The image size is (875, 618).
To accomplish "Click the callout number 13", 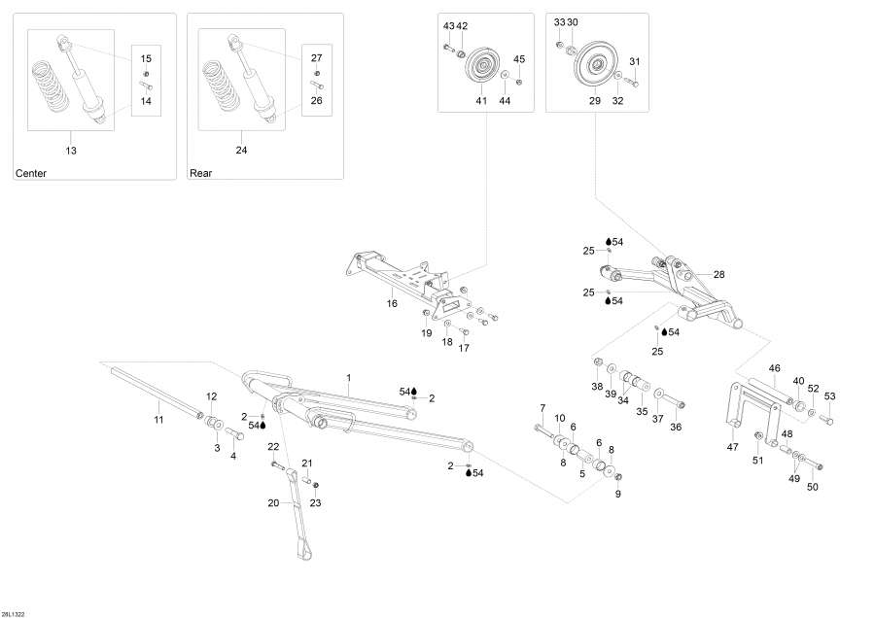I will click(71, 151).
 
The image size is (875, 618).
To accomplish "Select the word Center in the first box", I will click(31, 173).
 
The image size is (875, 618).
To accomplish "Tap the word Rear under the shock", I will click(200, 173).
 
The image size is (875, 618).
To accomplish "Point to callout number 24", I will click(242, 151).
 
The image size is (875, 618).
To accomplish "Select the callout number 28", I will click(718, 274).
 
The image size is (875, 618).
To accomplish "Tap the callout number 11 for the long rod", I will click(158, 419).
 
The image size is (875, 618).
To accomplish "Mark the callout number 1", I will click(348, 376).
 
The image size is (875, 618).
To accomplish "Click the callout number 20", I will click(273, 502).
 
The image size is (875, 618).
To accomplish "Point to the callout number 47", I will click(731, 448).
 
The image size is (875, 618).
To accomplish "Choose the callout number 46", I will click(775, 368).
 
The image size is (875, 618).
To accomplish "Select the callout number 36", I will click(676, 427).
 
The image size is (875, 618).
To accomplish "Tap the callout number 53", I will click(829, 395).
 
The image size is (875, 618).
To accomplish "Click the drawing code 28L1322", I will click(15, 611).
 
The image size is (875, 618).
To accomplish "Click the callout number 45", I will click(519, 59).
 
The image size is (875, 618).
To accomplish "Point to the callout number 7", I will click(542, 407).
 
